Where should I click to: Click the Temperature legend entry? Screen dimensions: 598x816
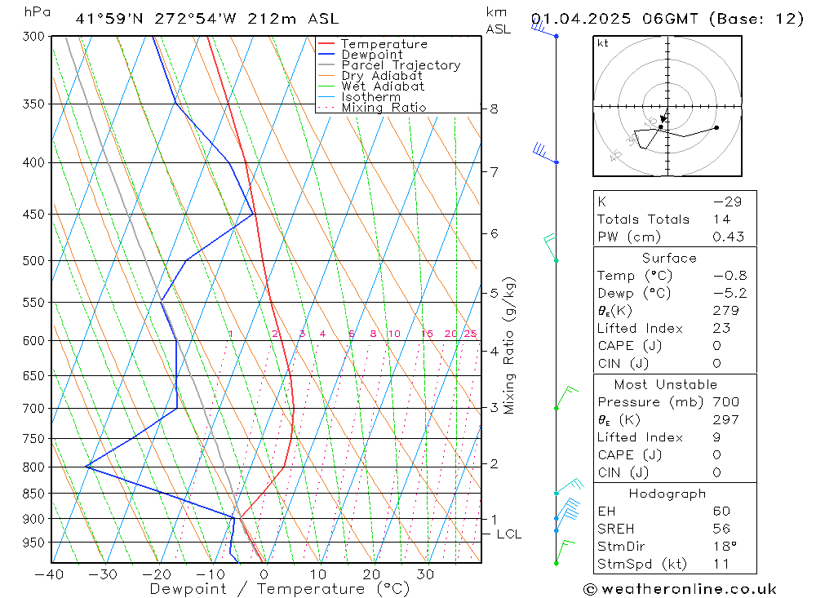(x=384, y=44)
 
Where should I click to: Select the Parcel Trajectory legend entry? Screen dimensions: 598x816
(x=401, y=65)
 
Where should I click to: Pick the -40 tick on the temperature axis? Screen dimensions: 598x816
(x=50, y=574)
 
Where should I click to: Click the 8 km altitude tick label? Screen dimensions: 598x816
(x=494, y=109)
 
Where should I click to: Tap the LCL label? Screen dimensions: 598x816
(x=508, y=534)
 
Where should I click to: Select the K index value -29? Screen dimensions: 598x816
(x=724, y=202)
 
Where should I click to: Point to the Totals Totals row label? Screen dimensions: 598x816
(x=643, y=219)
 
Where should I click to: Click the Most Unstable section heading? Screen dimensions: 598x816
(x=666, y=384)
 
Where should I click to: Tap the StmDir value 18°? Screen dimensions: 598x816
(x=724, y=547)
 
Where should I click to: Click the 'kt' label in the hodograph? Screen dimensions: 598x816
(x=603, y=43)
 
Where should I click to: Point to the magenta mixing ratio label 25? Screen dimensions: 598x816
(x=470, y=334)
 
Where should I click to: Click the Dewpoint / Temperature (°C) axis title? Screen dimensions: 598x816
(x=279, y=589)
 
